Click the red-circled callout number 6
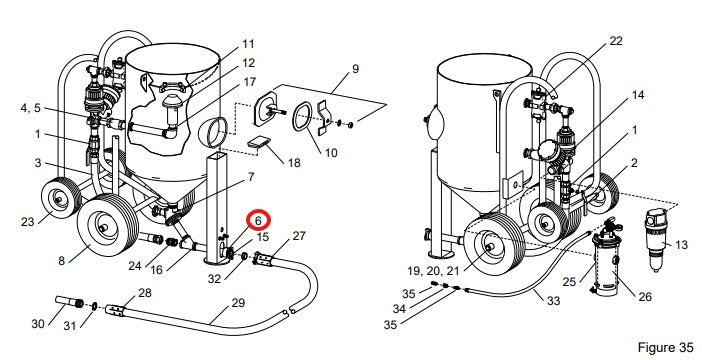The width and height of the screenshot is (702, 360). [x=258, y=220]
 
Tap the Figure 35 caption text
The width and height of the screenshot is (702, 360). [x=665, y=347]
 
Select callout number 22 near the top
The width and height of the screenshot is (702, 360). [x=616, y=41]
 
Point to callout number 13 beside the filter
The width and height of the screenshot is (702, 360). [x=681, y=245]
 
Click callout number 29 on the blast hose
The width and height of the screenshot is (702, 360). [x=238, y=303]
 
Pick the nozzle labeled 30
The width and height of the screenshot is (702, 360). [x=69, y=302]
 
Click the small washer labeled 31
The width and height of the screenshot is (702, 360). [x=95, y=306]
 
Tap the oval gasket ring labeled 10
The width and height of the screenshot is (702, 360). [x=303, y=116]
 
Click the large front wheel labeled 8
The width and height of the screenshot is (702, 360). [x=107, y=226]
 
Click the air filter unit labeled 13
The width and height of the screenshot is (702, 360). [x=656, y=239]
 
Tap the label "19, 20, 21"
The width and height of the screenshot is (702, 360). [x=433, y=271]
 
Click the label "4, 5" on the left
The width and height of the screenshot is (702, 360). [x=30, y=108]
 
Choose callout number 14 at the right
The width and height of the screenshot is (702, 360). [x=638, y=95]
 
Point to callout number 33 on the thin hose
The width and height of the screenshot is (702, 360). [x=553, y=300]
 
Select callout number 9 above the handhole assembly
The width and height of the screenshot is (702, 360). [x=355, y=69]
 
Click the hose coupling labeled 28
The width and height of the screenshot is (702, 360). [x=115, y=310]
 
